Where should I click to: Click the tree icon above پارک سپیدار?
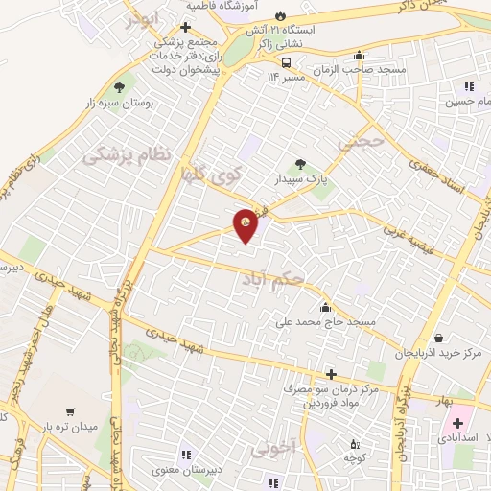(301, 163)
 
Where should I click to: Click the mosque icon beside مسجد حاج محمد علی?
(326, 308)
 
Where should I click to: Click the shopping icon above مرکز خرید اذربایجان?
(439, 339)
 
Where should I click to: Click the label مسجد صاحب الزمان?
(360, 71)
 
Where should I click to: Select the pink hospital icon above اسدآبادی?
(456, 423)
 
